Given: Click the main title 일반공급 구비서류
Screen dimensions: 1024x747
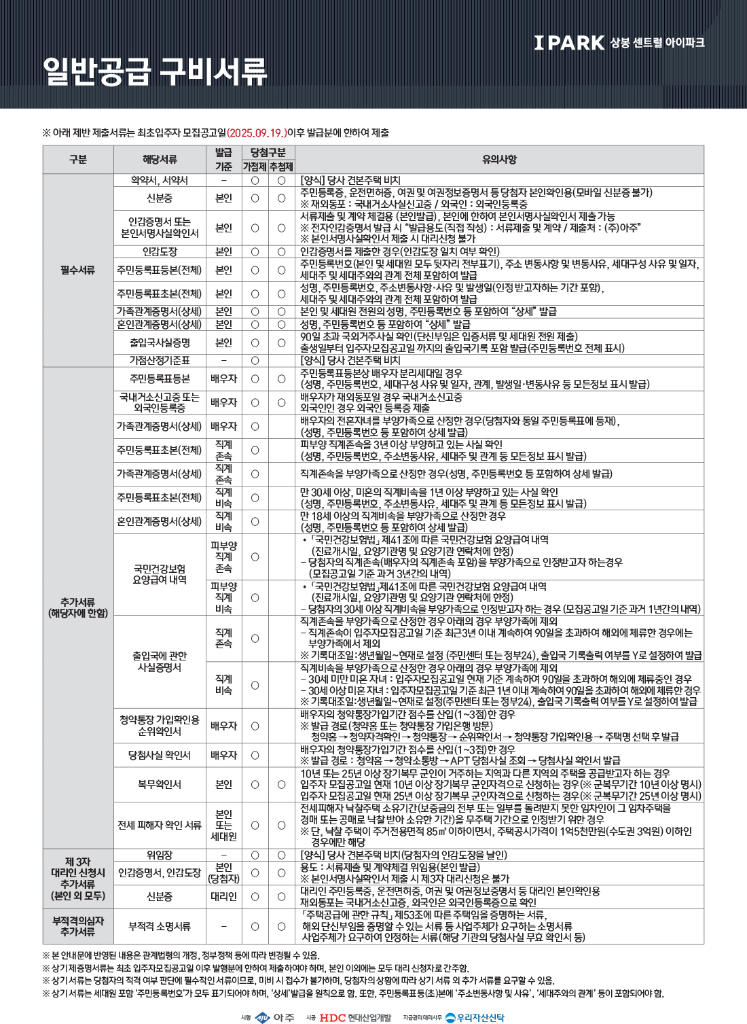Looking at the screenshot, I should (155, 71).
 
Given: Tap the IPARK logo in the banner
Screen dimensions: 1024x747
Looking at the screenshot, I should (569, 43).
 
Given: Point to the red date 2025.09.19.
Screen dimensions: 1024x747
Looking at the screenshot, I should (256, 133).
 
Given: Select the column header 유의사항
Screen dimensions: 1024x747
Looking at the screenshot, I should (499, 160).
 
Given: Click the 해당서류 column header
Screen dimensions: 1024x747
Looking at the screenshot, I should (160, 160).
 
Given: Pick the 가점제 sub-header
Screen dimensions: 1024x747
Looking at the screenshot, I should (255, 166).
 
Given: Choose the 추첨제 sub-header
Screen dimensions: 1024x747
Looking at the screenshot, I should (281, 166).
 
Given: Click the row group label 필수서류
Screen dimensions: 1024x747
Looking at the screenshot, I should (78, 270).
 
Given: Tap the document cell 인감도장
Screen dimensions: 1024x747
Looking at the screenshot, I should (160, 251).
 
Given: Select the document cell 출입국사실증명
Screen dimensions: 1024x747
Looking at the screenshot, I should (160, 342).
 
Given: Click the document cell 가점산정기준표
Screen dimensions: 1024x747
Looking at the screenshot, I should (160, 360).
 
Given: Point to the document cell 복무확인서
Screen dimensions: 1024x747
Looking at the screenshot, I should (160, 784).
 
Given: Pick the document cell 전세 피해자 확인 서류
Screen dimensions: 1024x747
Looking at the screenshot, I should (160, 825).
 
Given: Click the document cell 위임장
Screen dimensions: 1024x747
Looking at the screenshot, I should (160, 855).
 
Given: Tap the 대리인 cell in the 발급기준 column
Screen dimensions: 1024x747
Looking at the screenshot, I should (223, 896).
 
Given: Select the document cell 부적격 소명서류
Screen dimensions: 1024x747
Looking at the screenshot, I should (160, 926).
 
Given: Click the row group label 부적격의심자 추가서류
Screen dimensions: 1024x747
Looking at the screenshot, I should (78, 926).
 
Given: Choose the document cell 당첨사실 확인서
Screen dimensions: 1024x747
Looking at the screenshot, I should (160, 755).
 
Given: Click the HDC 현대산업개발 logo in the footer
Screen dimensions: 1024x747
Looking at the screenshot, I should (355, 1017).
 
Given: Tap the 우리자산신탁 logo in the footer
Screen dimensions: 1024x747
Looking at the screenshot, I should (475, 1017).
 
